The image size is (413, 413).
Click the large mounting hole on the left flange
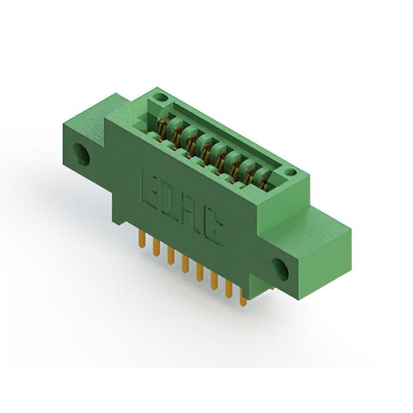pyautogui.click(x=81, y=154)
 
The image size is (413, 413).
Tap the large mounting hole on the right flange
pyautogui.click(x=280, y=270)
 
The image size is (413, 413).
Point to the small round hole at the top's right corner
pyautogui.click(x=290, y=172)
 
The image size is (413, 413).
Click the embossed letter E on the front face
pyautogui.click(x=149, y=188)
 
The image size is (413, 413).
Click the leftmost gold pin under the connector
pyautogui.click(x=142, y=239)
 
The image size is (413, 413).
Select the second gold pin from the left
pyautogui.click(x=156, y=248)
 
